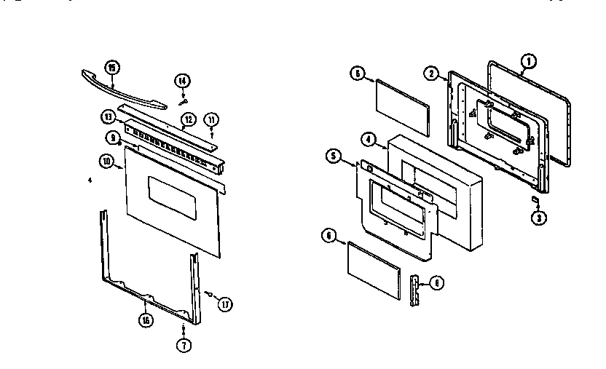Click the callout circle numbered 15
click(x=111, y=68)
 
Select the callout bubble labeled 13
click(x=108, y=116)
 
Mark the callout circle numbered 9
click(x=114, y=137)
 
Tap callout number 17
click(x=225, y=304)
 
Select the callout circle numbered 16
click(x=147, y=320)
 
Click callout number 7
click(x=184, y=346)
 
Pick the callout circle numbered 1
click(x=529, y=61)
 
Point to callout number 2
click(x=432, y=74)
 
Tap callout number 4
click(x=369, y=139)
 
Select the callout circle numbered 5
click(x=333, y=156)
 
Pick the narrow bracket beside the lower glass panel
click(x=416, y=291)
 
